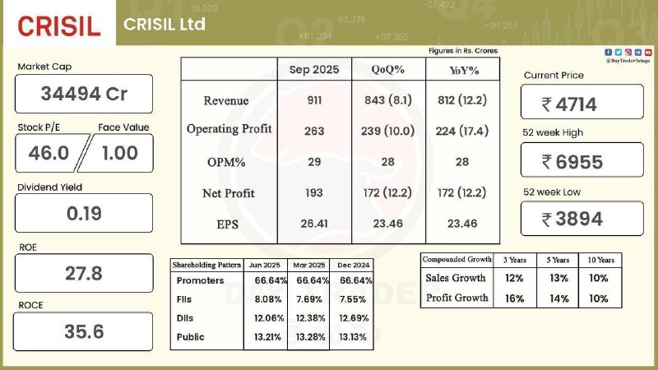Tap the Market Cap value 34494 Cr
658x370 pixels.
click(84, 94)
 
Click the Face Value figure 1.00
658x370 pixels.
click(119, 153)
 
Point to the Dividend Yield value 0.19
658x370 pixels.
click(84, 214)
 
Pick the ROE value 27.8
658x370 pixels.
click(84, 273)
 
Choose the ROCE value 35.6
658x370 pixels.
click(84, 331)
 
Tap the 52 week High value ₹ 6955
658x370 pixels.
click(582, 162)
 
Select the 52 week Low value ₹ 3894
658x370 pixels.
click(582, 219)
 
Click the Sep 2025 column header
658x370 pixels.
click(313, 69)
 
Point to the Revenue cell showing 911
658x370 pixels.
click(313, 100)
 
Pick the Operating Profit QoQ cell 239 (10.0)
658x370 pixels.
click(388, 131)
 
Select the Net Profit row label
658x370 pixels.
click(228, 193)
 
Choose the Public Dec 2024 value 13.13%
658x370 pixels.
click(352, 336)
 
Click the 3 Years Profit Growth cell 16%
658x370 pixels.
click(515, 298)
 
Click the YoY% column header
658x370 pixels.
click(464, 70)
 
